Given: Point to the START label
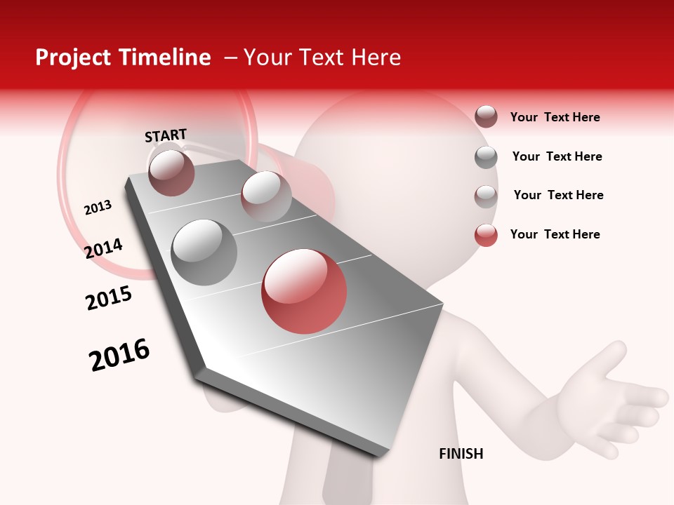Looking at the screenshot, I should (x=166, y=135).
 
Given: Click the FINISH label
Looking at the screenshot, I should (x=461, y=454).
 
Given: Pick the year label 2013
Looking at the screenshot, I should (x=98, y=208).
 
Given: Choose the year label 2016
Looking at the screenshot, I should (x=119, y=355).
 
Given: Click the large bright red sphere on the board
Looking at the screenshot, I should (x=304, y=291).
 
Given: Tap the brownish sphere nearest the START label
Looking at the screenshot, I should (x=171, y=173).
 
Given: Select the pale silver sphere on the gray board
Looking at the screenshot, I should (x=266, y=196).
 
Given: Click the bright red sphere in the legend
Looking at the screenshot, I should (x=486, y=235).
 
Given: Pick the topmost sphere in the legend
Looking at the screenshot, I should (x=486, y=116).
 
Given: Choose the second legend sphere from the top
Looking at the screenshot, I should (x=486, y=157).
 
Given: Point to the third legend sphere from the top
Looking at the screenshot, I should (x=486, y=196).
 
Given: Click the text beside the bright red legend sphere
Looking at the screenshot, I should (x=555, y=234).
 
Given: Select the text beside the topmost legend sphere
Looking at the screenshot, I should (x=555, y=117).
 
